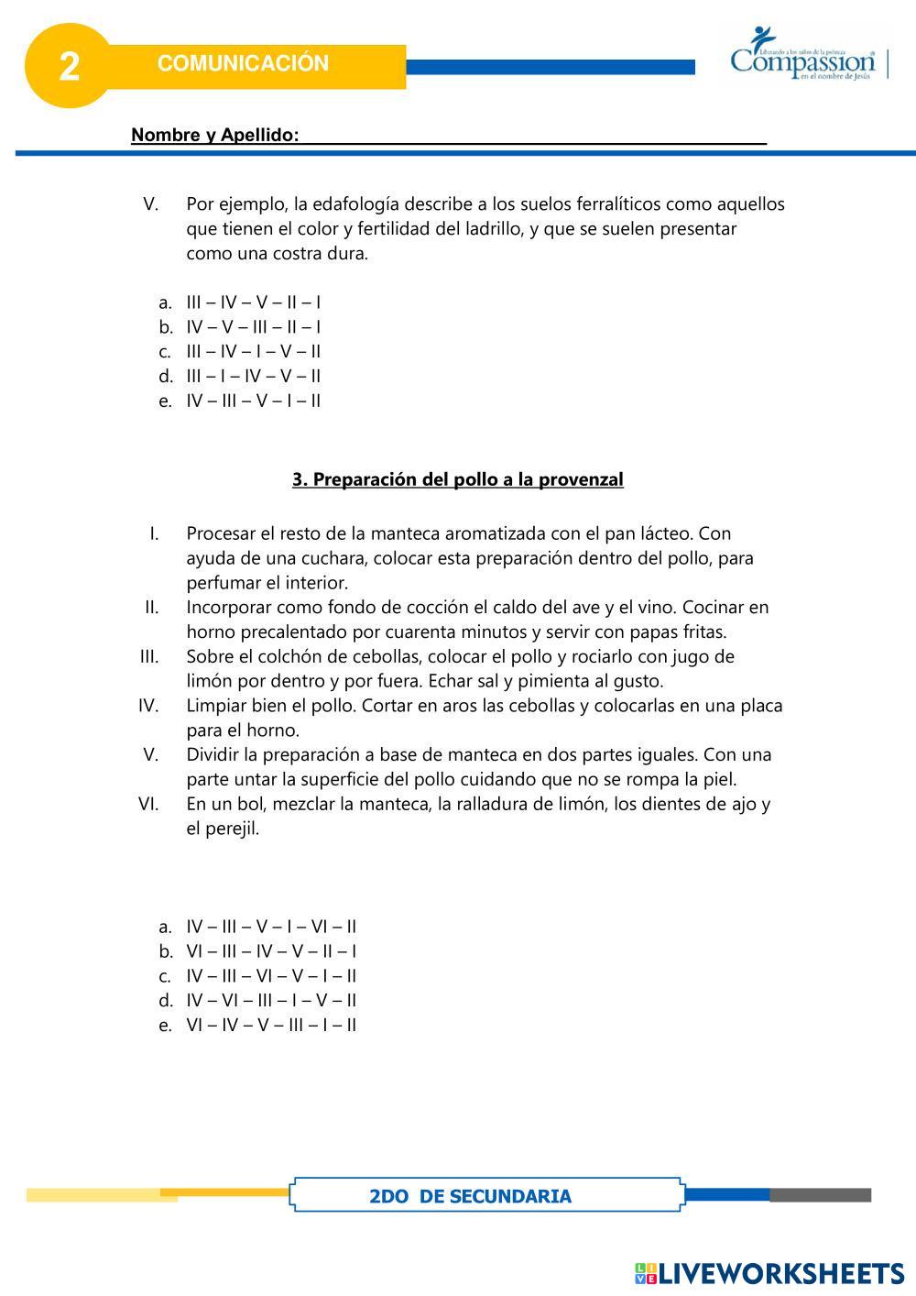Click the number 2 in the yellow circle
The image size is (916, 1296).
[69, 67]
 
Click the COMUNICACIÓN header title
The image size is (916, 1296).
[243, 63]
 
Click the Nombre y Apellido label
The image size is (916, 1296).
[214, 136]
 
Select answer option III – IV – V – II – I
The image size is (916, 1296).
[253, 302]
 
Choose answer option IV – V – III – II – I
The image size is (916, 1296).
[253, 327]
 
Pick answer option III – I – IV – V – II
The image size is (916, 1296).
[253, 376]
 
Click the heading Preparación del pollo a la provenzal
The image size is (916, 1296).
[458, 479]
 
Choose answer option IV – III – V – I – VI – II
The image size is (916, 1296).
[271, 927]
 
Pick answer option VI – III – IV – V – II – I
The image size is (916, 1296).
[271, 951]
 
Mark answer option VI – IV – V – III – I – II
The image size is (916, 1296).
[271, 1025]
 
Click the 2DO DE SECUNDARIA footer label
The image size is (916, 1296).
[470, 1196]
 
